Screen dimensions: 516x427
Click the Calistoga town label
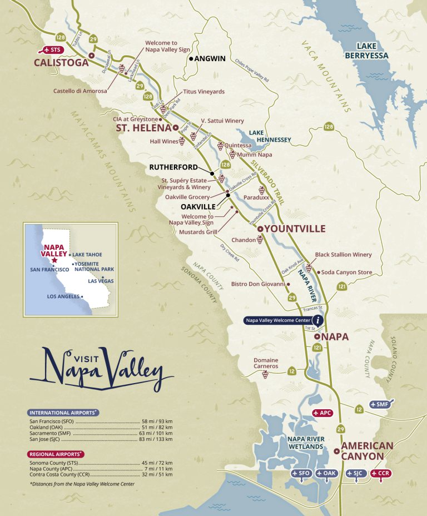pos(61,63)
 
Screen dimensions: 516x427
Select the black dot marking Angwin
pos(191,58)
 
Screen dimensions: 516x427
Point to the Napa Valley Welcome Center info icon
pos(317,320)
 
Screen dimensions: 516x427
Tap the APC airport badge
pos(324,413)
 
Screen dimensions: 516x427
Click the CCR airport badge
pos(381,473)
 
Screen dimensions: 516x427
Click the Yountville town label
pos(294,229)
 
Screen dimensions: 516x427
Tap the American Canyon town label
pos(367,450)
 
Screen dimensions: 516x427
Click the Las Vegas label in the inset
pos(101,281)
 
